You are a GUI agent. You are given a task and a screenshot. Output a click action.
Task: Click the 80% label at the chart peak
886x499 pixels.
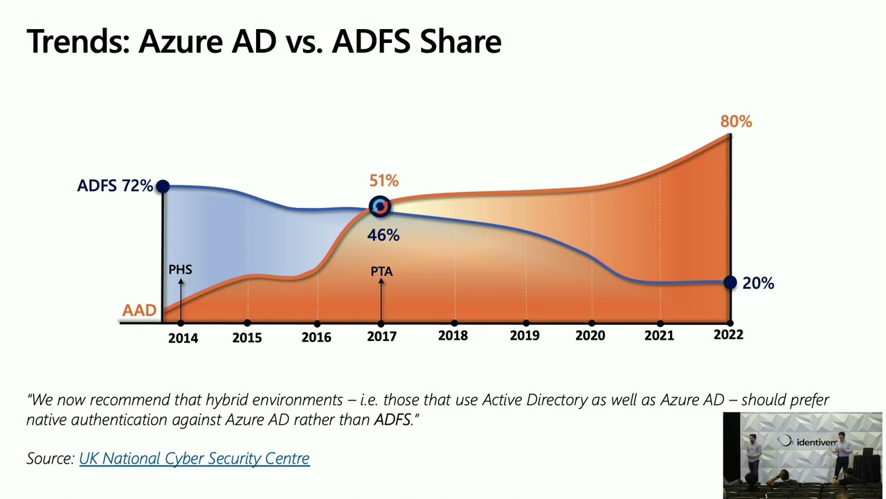736,122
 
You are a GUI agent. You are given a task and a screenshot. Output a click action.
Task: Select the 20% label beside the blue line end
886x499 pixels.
758,283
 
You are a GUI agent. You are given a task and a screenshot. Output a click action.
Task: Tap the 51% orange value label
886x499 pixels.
383,181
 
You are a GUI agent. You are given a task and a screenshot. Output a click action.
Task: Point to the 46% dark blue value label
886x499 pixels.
383,236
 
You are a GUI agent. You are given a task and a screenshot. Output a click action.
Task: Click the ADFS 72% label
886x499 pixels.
115,186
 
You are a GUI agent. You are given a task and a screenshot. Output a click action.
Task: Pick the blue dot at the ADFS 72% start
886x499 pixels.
163,186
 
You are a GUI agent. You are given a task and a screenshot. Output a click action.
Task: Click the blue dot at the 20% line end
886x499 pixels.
730,282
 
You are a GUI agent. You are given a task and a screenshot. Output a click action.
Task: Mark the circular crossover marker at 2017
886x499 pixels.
380,207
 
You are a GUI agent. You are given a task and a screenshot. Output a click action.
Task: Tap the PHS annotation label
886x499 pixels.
180,270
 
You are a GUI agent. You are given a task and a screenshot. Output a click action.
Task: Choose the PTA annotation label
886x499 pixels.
381,272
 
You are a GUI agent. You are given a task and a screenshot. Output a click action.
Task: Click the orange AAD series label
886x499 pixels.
139,310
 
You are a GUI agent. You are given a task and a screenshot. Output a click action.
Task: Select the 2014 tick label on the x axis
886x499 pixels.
183,338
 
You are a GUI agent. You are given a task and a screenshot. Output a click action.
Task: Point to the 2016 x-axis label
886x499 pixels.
316,338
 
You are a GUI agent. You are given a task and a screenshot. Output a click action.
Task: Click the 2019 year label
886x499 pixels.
525,336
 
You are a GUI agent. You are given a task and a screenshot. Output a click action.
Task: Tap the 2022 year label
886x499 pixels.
728,335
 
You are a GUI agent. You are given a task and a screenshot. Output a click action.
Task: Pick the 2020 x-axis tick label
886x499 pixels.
590,336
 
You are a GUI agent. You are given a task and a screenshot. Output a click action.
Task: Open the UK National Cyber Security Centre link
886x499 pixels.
195,458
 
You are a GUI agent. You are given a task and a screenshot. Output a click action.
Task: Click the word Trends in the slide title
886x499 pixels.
75,42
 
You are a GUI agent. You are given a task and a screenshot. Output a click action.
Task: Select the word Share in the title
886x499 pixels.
460,42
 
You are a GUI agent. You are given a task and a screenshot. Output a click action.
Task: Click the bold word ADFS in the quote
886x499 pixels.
392,420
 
